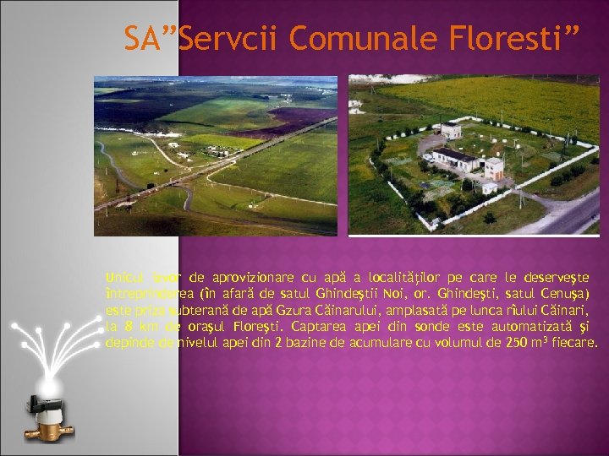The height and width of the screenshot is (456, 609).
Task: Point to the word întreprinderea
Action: click(x=145, y=293)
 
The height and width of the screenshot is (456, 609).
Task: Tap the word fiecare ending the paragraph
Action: click(x=574, y=343)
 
